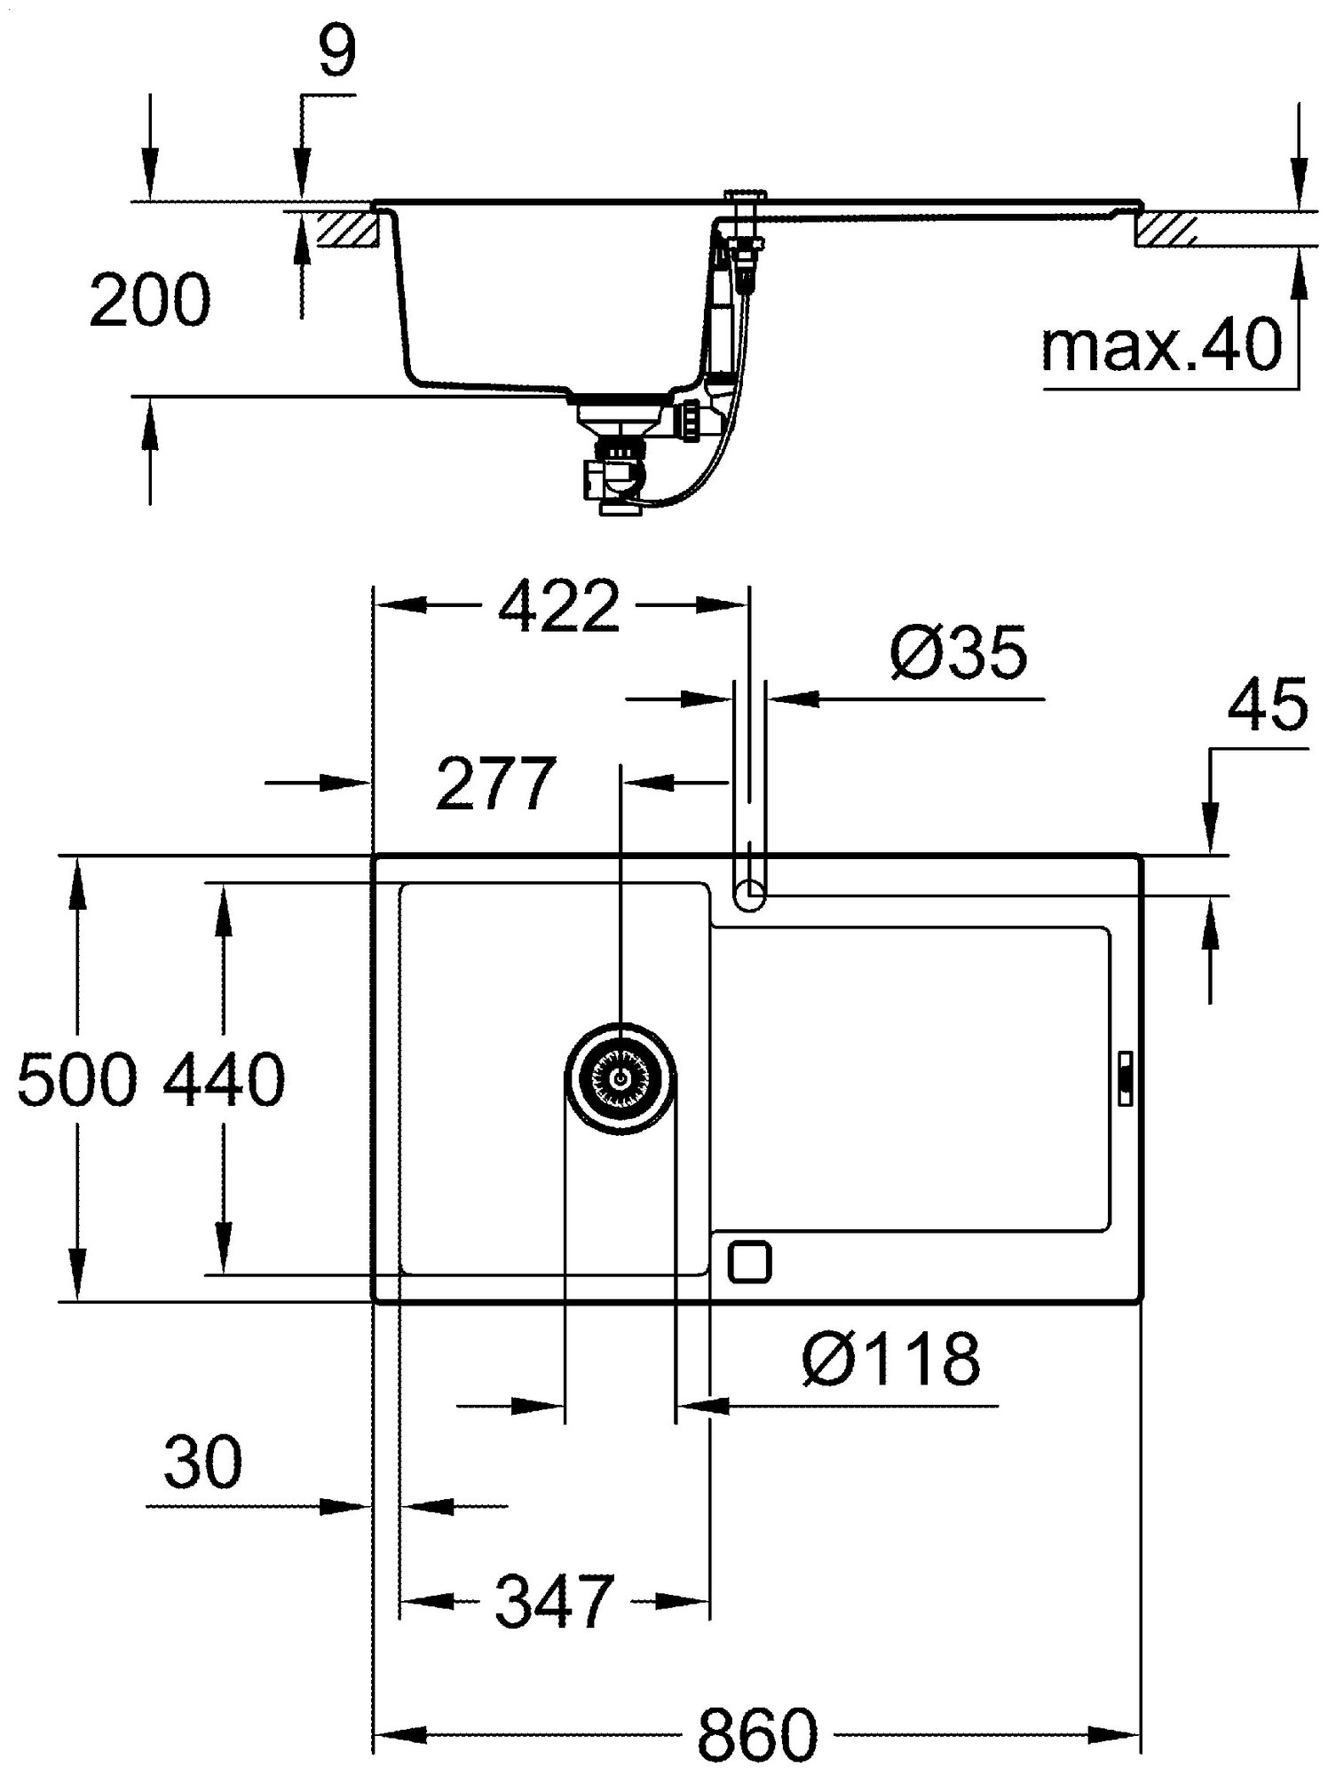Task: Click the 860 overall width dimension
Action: tap(757, 1733)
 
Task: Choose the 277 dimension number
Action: tap(494, 784)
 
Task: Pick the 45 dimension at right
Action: tap(1267, 705)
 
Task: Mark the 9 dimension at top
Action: tap(336, 53)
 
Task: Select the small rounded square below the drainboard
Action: tap(749, 1260)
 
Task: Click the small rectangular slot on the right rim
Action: tap(1125, 1077)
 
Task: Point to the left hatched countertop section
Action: tap(349, 230)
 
